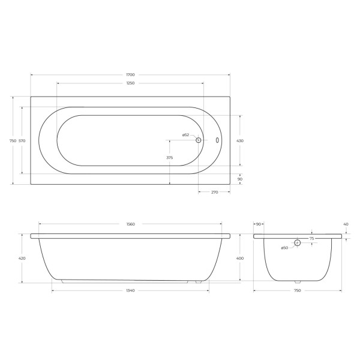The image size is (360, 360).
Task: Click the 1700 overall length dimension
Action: click(130, 75)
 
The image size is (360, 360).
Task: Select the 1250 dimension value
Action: click(130, 83)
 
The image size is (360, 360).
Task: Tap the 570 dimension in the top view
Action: click(22, 140)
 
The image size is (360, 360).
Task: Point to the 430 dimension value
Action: click(240, 140)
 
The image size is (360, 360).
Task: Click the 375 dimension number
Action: click(169, 157)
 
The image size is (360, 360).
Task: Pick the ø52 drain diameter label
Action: click(185, 135)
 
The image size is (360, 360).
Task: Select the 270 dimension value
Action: click(214, 192)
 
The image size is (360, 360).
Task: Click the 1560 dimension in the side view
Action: click(130, 224)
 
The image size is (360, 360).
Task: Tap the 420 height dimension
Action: click(22, 258)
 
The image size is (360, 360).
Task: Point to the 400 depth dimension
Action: click(240, 258)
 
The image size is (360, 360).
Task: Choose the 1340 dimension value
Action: click(130, 290)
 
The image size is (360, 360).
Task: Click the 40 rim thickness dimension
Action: click(346, 224)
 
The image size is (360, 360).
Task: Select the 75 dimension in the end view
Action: click(311, 239)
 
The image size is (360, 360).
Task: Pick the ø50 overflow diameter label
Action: click(284, 247)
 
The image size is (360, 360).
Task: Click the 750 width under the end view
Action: click(297, 290)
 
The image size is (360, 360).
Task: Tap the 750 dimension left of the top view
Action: click(13, 140)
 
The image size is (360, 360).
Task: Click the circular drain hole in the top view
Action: click(199, 140)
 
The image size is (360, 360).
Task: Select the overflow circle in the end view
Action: click(297, 243)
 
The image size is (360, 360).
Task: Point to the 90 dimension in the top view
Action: click(240, 179)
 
